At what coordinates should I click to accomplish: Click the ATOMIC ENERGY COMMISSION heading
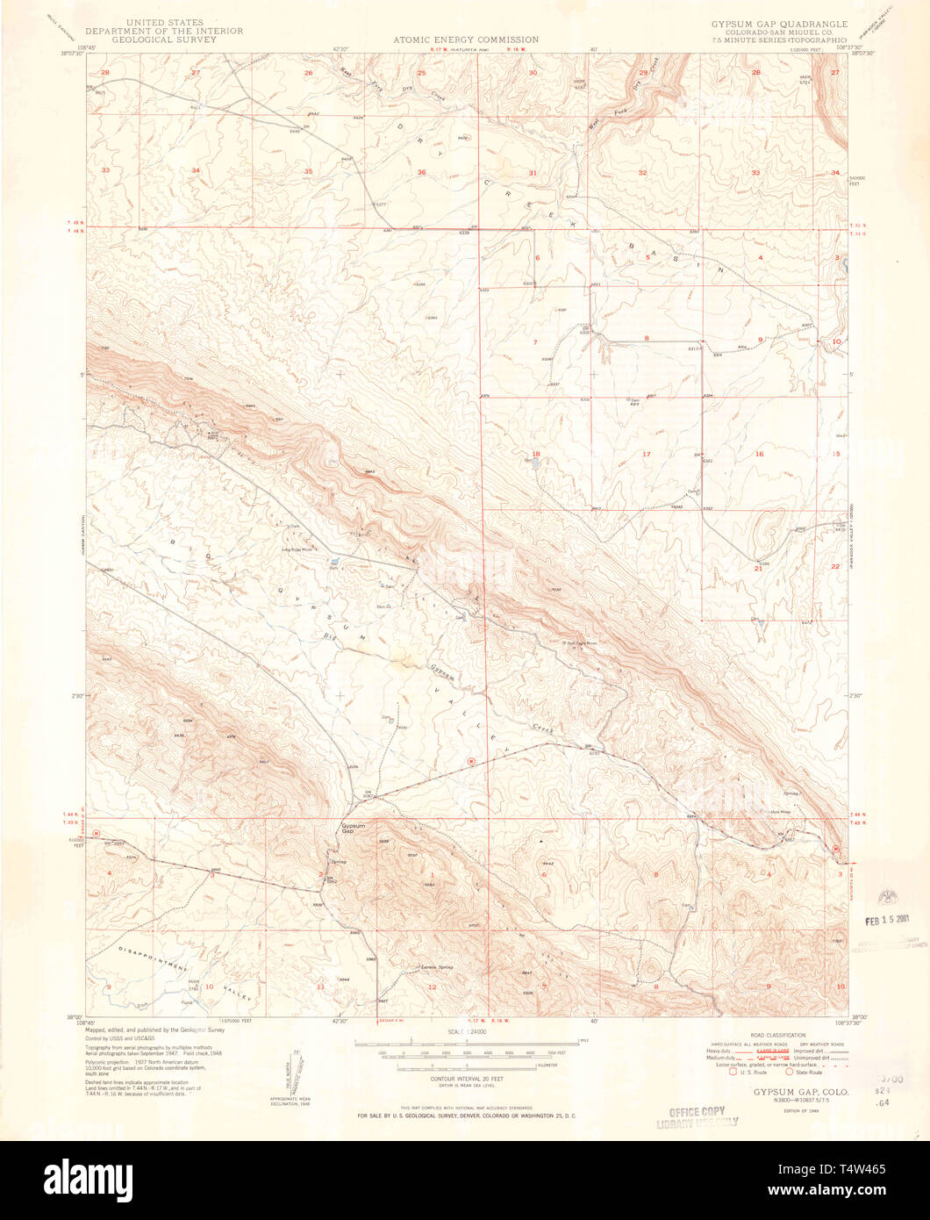pos(465,39)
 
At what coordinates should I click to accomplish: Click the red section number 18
pos(535,454)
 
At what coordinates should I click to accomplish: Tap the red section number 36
pos(422,172)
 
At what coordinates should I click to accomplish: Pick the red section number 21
pos(758,568)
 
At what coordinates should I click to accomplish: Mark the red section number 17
pos(647,454)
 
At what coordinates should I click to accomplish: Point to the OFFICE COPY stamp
pos(697,1111)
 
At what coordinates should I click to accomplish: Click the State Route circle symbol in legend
pos(790,1072)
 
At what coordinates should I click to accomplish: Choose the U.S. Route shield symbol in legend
pos(721,1072)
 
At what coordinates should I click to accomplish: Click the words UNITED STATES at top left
pos(166,21)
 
